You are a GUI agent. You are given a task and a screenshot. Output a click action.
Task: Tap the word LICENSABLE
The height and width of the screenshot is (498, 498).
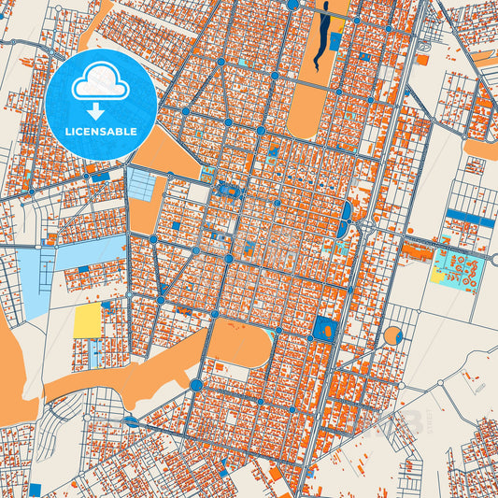point(101,132)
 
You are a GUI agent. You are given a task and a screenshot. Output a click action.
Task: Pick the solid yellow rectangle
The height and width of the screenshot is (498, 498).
point(87,321)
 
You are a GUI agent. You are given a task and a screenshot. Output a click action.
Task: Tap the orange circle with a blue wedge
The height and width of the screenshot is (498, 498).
point(392,335)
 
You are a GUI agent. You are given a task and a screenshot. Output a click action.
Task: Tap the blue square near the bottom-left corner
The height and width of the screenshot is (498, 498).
point(36,489)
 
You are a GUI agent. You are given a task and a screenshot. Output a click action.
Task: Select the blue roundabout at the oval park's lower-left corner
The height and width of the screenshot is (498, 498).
point(195,384)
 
